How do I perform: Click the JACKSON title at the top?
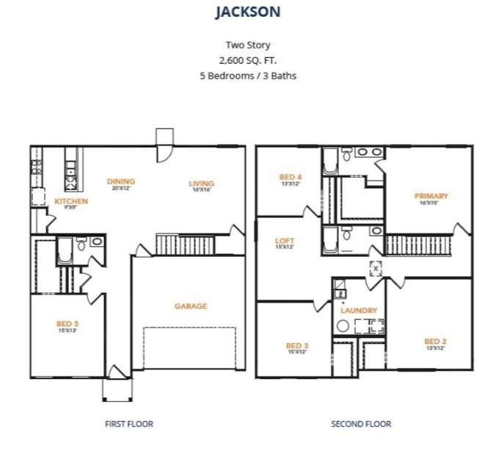point(247,12)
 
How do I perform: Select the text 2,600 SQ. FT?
point(247,60)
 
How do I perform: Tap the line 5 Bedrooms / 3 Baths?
point(247,75)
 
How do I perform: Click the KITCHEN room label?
point(71,201)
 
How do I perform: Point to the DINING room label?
point(120,181)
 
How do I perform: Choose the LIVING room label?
point(201,184)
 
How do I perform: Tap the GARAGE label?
point(190,306)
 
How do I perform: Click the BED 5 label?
point(68,323)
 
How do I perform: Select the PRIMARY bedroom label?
point(431,196)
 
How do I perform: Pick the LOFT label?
point(284,241)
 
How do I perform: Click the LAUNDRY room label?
point(358,311)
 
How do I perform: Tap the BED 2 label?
point(435,341)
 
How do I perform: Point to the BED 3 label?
point(296,346)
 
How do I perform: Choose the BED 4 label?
point(291,177)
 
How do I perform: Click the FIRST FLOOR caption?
point(129,424)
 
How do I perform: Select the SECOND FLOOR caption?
point(360,424)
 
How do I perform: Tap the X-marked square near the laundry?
point(376,269)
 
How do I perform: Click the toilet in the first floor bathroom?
point(81,245)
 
